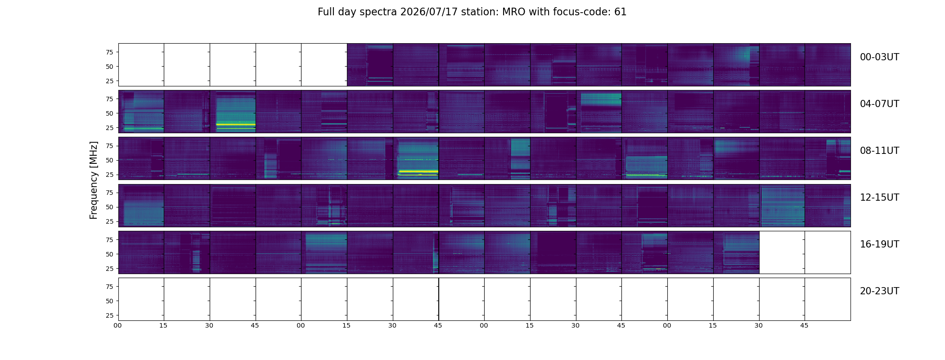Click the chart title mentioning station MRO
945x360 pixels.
coord(472,12)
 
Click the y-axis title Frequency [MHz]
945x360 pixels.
coord(94,180)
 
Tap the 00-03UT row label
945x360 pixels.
coord(879,57)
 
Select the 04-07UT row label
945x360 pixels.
coord(879,104)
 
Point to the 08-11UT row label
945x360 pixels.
coord(879,151)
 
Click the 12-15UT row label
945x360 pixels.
coord(879,198)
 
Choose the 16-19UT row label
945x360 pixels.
coord(879,244)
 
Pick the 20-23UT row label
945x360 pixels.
coord(879,291)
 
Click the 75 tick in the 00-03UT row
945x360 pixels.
coord(109,52)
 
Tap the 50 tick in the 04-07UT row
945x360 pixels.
coord(109,113)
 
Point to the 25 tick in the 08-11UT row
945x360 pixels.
coord(109,175)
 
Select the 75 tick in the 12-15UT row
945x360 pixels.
coord(109,193)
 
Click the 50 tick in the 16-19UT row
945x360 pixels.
coord(109,254)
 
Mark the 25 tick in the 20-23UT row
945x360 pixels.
coord(109,315)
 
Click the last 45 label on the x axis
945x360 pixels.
coord(804,325)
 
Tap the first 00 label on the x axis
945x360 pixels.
coord(118,325)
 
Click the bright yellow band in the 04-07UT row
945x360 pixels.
coord(236,125)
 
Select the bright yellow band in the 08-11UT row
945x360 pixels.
coord(418,171)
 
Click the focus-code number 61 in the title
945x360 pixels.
coord(621,12)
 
